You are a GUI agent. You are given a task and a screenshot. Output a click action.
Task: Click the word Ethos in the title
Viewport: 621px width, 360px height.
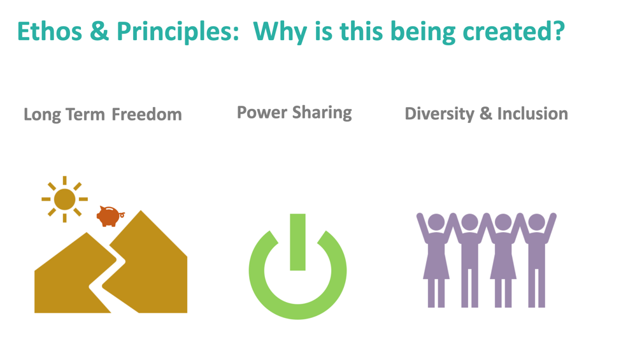(50, 31)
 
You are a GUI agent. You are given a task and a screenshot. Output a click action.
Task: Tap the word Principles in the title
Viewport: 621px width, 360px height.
(178, 32)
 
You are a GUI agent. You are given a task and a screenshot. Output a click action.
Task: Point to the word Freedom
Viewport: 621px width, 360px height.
(146, 115)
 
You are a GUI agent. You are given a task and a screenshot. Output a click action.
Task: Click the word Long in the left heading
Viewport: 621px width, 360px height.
(43, 115)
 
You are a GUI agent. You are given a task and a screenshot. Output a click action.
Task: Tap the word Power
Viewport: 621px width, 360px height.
(262, 113)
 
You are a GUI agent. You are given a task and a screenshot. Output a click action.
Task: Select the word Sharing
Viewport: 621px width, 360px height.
(322, 113)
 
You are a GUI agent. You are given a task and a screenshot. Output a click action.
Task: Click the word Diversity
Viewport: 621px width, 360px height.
(439, 114)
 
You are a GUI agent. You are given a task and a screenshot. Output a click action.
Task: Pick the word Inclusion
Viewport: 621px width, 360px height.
(532, 113)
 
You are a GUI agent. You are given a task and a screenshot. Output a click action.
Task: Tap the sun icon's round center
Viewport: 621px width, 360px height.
(64, 199)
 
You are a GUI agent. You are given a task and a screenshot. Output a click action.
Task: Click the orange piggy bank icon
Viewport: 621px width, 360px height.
(110, 216)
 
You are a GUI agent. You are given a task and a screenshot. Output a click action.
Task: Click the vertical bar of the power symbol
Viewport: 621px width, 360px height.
(298, 242)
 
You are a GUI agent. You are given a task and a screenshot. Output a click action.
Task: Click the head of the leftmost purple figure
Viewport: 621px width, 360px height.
(436, 222)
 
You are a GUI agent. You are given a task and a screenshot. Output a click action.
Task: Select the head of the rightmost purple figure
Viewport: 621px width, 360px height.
(537, 222)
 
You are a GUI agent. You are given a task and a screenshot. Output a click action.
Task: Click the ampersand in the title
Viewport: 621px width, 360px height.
(99, 31)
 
